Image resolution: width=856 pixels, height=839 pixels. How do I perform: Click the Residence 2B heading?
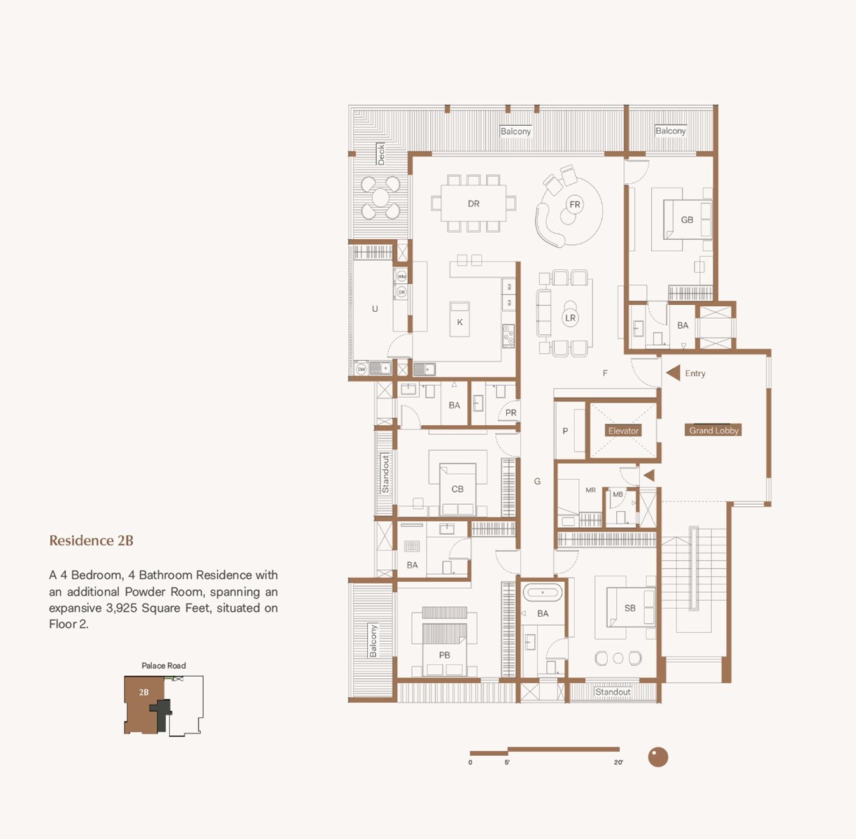91,540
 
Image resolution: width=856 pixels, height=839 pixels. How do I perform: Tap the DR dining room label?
473,204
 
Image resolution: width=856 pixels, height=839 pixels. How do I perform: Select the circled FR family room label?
575,205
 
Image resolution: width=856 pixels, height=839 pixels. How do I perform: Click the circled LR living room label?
570,317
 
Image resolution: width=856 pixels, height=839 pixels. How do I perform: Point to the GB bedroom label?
687,220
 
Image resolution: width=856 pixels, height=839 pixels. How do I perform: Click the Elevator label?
623,431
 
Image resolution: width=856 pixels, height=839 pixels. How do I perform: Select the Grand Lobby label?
713,431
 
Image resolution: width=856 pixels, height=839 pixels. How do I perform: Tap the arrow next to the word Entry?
673,373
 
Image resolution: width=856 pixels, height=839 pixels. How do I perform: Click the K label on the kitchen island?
459,322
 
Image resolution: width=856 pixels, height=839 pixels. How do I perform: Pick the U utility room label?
375,309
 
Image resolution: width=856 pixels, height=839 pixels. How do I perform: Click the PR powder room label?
511,413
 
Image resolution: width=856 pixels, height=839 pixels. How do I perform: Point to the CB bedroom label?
457,489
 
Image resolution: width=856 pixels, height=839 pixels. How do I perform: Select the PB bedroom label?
444,655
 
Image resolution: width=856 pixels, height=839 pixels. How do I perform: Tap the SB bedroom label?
629,608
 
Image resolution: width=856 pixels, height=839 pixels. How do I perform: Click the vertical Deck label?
381,154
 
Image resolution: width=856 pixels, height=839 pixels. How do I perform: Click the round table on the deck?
380,198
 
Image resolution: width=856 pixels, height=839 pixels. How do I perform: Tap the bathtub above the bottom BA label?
543,593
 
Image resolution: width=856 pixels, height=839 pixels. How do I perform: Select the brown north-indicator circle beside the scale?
657,756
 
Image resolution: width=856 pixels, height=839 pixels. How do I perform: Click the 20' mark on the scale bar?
618,761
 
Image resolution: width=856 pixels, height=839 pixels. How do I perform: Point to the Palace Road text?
164,666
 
